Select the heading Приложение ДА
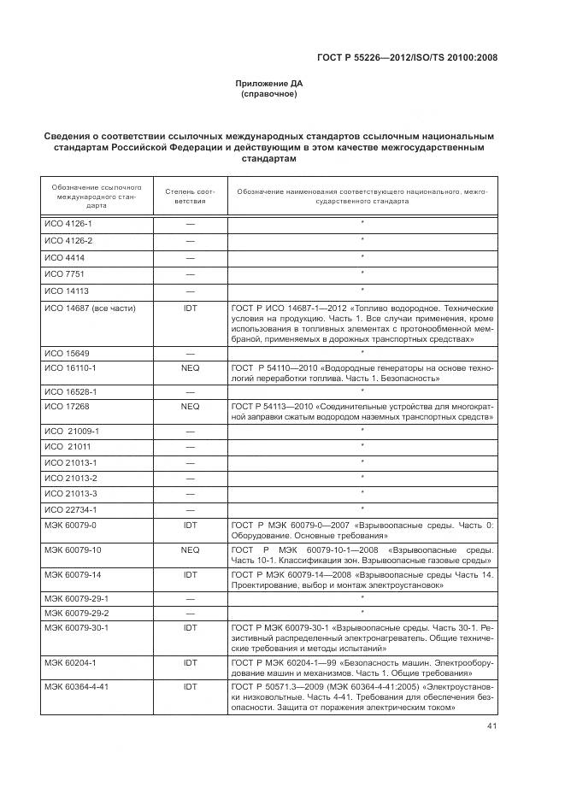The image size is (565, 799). pos(269,84)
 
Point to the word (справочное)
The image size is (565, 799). pos(269,94)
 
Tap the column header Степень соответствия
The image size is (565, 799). pos(191,197)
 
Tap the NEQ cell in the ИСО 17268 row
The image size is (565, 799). pos(191,407)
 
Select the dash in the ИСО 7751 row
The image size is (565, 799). pos(191,274)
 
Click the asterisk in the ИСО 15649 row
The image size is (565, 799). pos(362,351)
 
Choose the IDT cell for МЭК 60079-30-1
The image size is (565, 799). pos(191,626)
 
